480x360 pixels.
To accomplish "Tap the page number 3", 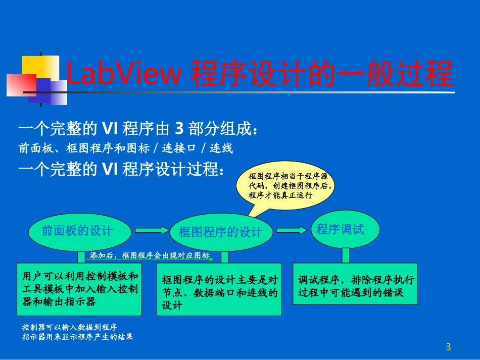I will click(448, 347).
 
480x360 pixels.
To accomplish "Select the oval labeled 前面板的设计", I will click(77, 231).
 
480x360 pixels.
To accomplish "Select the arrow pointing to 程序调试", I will click(292, 230).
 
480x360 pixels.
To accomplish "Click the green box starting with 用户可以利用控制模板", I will click(79, 289).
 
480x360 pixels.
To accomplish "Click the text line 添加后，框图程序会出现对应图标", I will click(150, 256).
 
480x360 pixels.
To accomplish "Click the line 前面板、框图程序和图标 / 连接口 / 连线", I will click(125, 148).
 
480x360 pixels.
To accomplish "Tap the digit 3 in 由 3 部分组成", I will click(178, 130).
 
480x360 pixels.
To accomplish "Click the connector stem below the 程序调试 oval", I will click(346, 255).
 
